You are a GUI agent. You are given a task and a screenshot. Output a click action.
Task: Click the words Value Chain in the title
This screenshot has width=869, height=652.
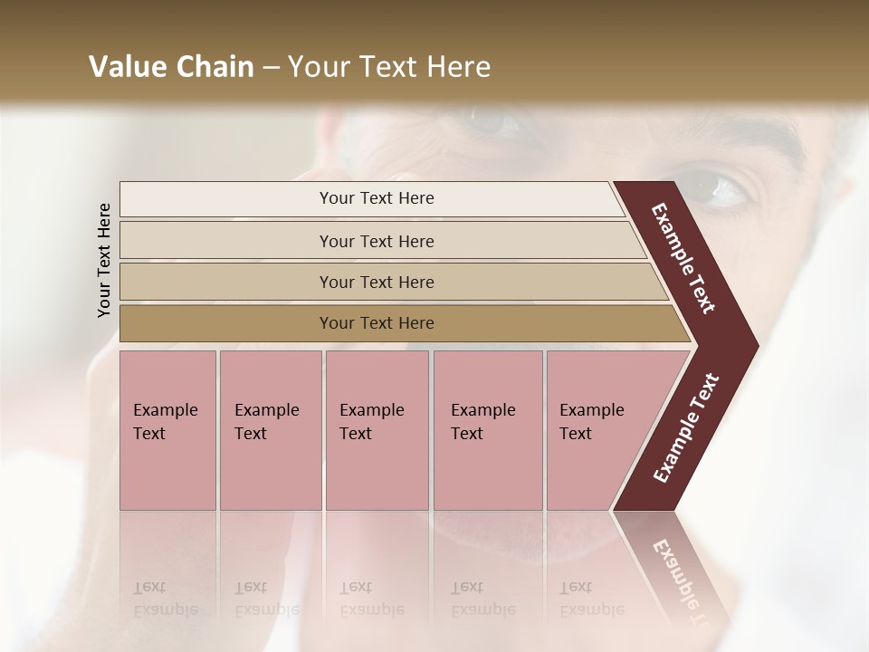click(x=171, y=67)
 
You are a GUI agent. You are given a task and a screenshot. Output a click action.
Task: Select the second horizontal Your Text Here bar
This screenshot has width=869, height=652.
click(x=377, y=241)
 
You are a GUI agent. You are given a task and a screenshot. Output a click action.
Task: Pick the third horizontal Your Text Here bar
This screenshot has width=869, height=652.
click(x=377, y=282)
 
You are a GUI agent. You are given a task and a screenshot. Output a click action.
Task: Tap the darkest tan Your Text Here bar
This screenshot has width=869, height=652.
click(x=377, y=323)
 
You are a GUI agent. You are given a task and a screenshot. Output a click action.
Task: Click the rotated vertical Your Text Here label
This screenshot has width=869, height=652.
click(x=104, y=260)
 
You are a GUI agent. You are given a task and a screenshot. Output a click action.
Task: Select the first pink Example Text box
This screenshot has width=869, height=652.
click(x=167, y=430)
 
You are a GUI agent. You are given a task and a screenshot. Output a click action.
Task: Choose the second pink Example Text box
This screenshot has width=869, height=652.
click(x=270, y=430)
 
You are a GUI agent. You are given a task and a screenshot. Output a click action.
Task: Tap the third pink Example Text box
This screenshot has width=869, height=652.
click(x=377, y=430)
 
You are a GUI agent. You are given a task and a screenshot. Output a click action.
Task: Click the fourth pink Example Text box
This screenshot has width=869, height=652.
click(x=488, y=430)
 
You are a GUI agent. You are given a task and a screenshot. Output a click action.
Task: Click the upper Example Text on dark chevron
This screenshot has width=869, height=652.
click(x=683, y=258)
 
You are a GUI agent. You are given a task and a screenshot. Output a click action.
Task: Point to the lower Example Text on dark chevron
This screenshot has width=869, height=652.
click(x=686, y=428)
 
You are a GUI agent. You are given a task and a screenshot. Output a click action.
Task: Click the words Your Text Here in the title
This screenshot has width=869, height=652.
click(x=389, y=67)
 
